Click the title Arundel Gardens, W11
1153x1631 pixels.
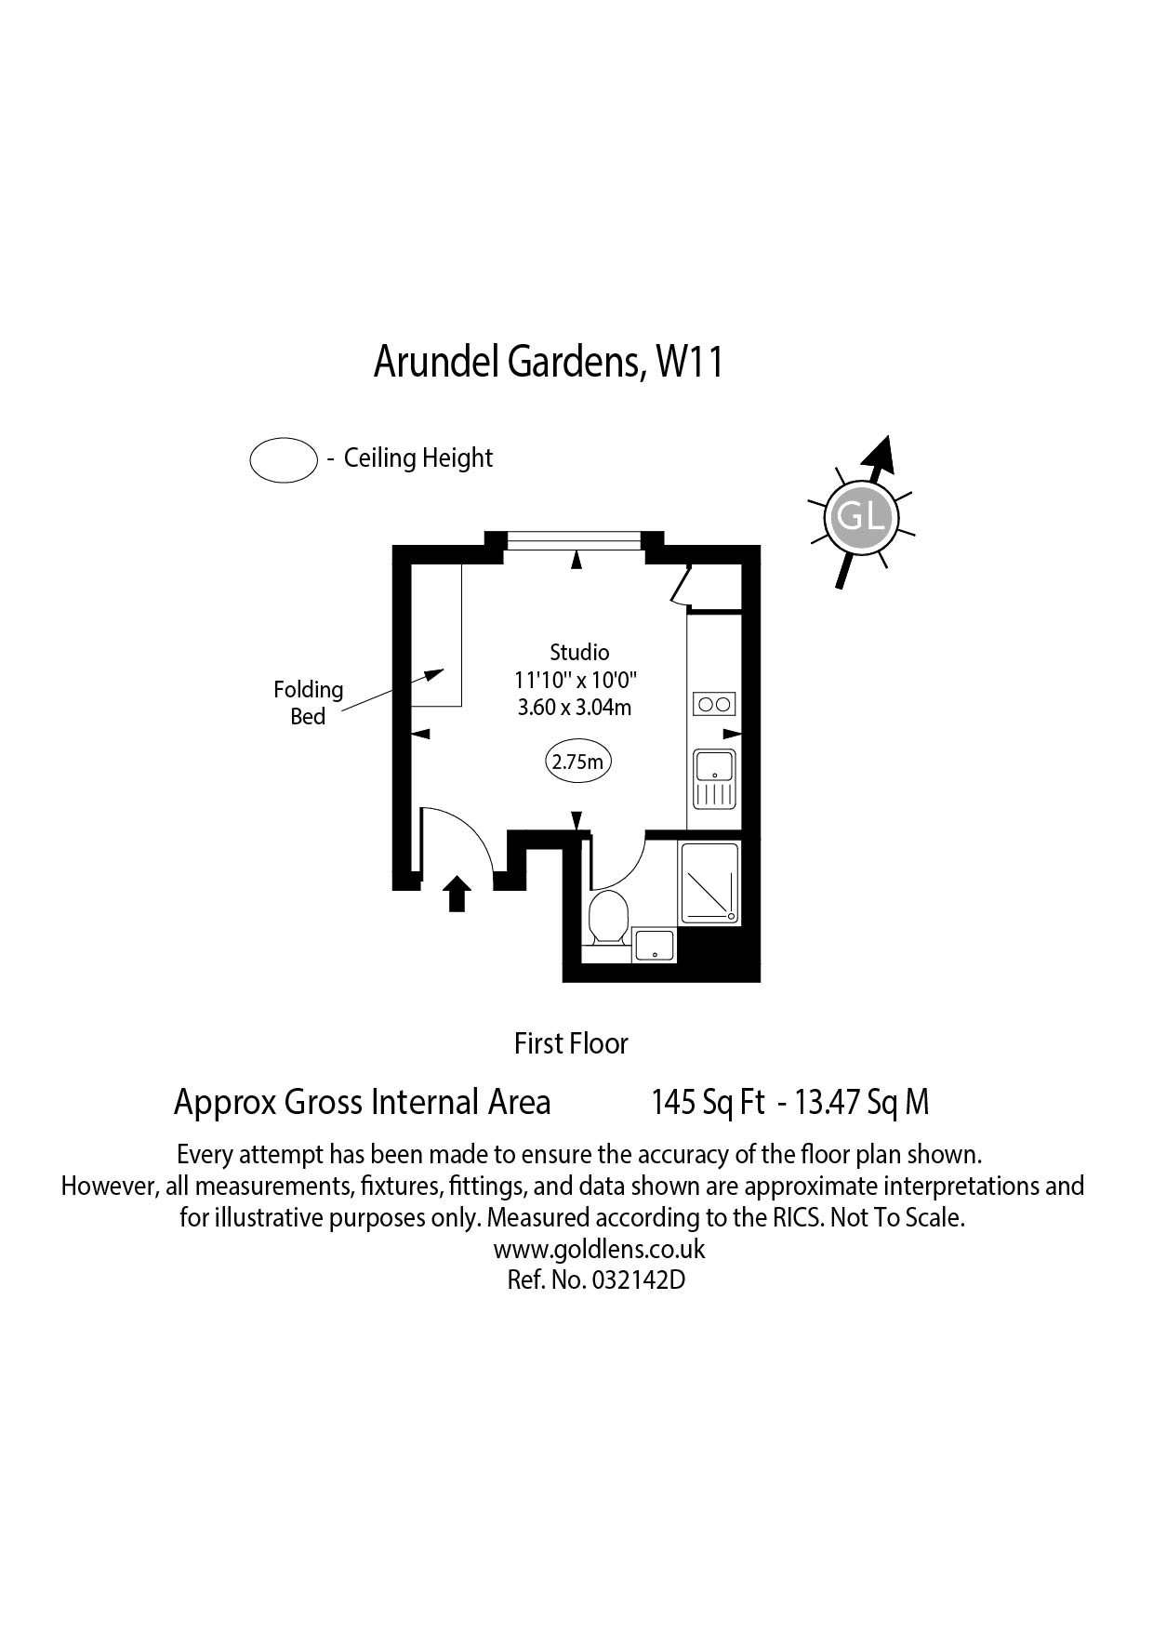[549, 363]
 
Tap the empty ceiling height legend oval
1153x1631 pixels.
[284, 459]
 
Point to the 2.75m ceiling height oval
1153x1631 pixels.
[577, 762]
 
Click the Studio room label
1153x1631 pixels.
[579, 652]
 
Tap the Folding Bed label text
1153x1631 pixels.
[308, 703]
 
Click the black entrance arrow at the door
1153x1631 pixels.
[456, 894]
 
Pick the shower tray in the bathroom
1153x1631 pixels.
[709, 883]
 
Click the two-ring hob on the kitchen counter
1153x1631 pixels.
[714, 704]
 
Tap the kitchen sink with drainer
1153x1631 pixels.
[714, 778]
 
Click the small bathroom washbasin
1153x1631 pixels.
[655, 944]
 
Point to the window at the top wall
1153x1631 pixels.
[576, 539]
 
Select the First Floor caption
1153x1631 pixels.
[571, 1043]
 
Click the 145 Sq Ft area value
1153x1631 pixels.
[708, 1103]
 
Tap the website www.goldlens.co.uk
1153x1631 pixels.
[599, 1249]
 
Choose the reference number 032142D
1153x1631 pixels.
[638, 1280]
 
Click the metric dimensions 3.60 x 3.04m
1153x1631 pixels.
[575, 708]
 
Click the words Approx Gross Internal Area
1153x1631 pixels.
[363, 1103]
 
